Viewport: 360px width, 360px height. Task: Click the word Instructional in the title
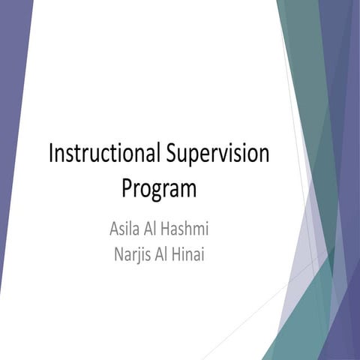(103, 154)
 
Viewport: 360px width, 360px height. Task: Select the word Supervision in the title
(216, 154)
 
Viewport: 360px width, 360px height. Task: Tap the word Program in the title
(159, 187)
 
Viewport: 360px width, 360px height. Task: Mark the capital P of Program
(127, 187)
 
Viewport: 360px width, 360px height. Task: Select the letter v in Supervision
(222, 155)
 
